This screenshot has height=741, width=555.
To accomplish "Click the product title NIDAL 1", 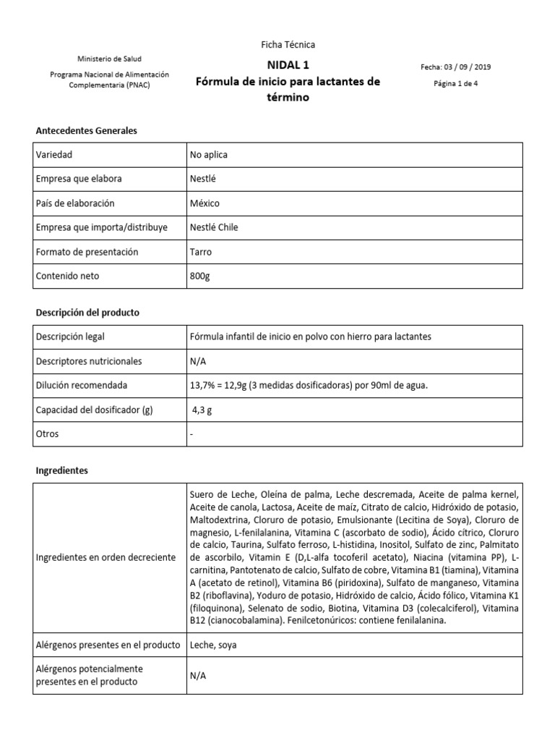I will pyautogui.click(x=288, y=64).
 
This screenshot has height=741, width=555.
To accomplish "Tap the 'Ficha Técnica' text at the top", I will pyautogui.click(x=288, y=45).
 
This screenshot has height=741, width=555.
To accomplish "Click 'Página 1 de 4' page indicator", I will pyautogui.click(x=455, y=83).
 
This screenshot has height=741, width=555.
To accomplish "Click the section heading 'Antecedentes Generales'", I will pyautogui.click(x=87, y=131).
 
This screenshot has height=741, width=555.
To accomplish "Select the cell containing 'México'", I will pyautogui.click(x=205, y=203).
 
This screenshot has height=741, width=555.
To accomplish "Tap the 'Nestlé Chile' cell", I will pyautogui.click(x=213, y=227).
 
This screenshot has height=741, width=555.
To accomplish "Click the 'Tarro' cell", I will pyautogui.click(x=202, y=252).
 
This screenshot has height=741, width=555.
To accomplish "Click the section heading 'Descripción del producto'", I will pyautogui.click(x=87, y=313).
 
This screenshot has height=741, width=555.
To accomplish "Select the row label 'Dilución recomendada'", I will pyautogui.click(x=82, y=386).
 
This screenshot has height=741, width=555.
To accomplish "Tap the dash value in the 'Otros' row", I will pyautogui.click(x=192, y=434).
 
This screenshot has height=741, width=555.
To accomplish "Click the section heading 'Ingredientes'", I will pyautogui.click(x=62, y=470).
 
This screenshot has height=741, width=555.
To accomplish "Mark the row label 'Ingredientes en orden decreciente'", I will pyautogui.click(x=105, y=557).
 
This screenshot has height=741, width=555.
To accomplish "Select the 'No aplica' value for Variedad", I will pyautogui.click(x=208, y=155).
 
